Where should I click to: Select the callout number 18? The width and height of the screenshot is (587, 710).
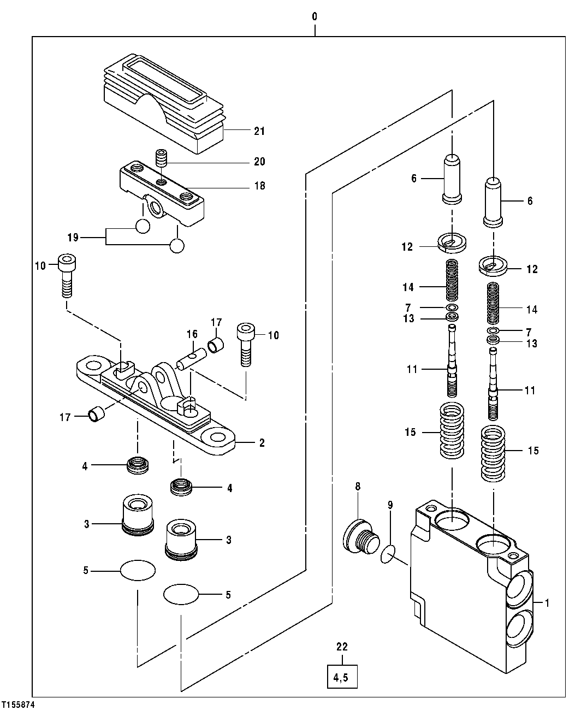coord(259,186)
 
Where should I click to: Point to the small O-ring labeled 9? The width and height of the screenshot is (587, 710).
coord(388,555)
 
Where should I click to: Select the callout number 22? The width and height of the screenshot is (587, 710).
coord(342,647)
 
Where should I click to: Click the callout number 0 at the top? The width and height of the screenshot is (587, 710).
coord(315,16)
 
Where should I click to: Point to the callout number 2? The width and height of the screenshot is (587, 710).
coord(262,443)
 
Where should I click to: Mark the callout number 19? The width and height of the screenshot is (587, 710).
coord(73,238)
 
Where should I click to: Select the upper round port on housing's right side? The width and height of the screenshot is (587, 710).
coord(519,588)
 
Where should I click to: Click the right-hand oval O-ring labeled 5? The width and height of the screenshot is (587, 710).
coord(181,594)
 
